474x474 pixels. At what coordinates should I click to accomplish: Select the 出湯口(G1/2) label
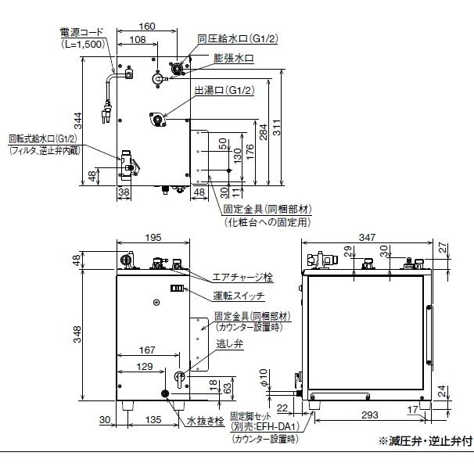224,92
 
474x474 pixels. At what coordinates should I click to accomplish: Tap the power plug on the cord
102,115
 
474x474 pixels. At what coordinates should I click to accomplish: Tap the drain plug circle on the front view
165,393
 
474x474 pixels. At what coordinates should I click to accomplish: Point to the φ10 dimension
287,387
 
